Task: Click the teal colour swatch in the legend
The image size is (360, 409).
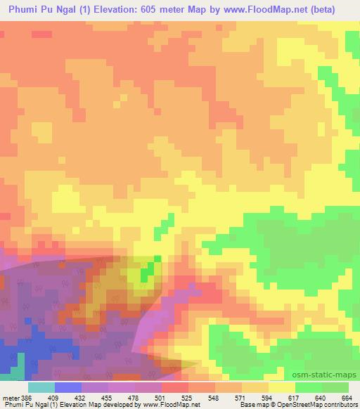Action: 41,387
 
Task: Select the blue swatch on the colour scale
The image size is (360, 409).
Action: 68,387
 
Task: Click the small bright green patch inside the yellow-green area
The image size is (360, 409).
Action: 147,273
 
